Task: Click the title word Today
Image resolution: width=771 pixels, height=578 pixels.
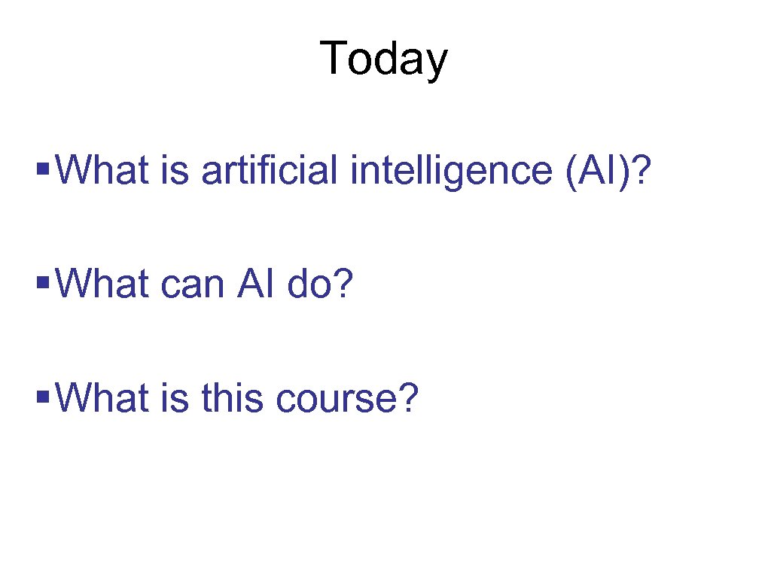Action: coord(383,59)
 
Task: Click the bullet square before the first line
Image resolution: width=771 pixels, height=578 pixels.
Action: coord(43,163)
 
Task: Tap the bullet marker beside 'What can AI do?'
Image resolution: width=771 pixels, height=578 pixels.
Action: coord(43,278)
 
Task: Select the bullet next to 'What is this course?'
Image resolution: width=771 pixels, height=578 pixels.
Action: coord(43,392)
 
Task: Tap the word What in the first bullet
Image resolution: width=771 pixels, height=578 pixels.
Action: coord(102,171)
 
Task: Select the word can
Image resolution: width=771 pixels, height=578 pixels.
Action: coord(192,285)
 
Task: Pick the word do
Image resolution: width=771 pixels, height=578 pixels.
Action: coord(309,285)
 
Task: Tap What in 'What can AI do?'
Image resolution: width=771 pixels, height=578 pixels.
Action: coord(102,285)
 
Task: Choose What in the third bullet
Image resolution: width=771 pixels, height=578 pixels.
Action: coord(102,400)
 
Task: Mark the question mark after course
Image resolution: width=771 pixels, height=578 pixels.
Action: coord(407,400)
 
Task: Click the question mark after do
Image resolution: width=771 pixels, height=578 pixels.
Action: coord(343,285)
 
